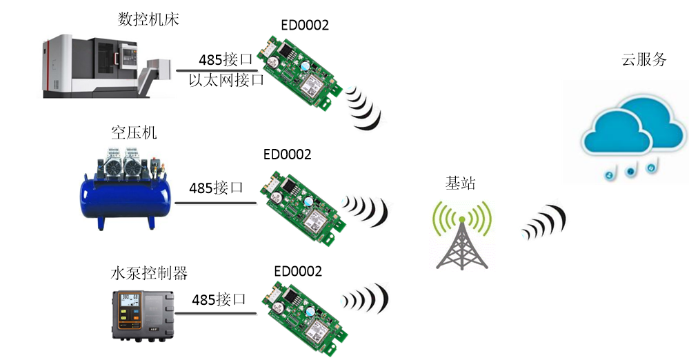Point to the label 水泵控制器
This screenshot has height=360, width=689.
click(x=150, y=273)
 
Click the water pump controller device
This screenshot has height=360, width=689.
click(x=142, y=314)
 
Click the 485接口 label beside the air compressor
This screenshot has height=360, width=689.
click(x=217, y=187)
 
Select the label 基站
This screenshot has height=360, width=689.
click(x=461, y=183)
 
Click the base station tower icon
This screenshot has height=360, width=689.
click(x=463, y=234)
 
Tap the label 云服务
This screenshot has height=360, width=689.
click(x=644, y=59)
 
